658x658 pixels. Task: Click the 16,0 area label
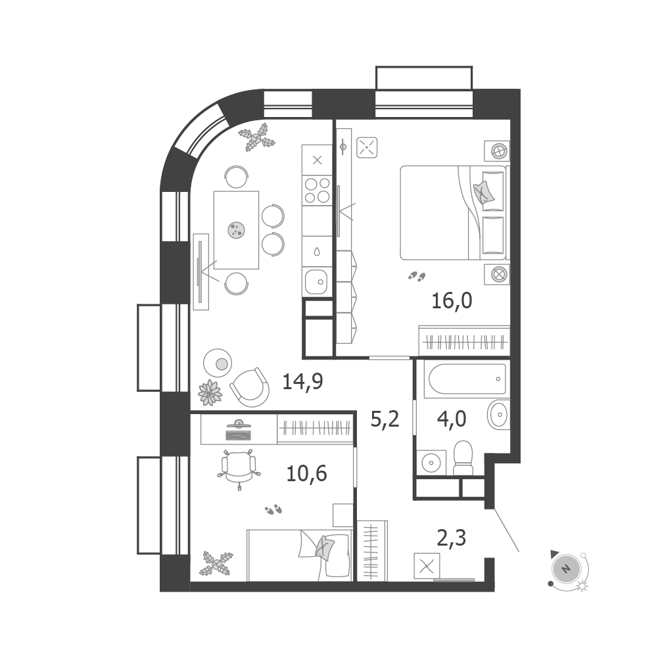click(x=452, y=301)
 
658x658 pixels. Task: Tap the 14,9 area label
click(x=302, y=382)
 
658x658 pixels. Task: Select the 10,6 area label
click(x=306, y=474)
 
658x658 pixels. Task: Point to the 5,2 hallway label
click(x=385, y=419)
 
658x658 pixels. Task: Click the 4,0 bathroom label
click(x=452, y=419)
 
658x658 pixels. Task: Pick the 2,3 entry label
click(x=452, y=538)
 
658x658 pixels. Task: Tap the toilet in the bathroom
click(x=463, y=458)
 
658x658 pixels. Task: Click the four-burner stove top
click(x=317, y=190)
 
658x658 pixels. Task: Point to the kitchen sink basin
click(x=316, y=281)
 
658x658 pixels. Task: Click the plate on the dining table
click(x=236, y=230)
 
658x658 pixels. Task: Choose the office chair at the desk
click(x=239, y=467)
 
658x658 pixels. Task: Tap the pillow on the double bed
click(x=483, y=192)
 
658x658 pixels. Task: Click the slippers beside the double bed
click(x=417, y=276)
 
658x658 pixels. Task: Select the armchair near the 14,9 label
click(x=250, y=387)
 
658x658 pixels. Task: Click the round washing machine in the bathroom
click(x=431, y=463)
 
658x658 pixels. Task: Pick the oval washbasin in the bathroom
click(x=498, y=415)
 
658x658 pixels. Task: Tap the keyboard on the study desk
click(x=239, y=435)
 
